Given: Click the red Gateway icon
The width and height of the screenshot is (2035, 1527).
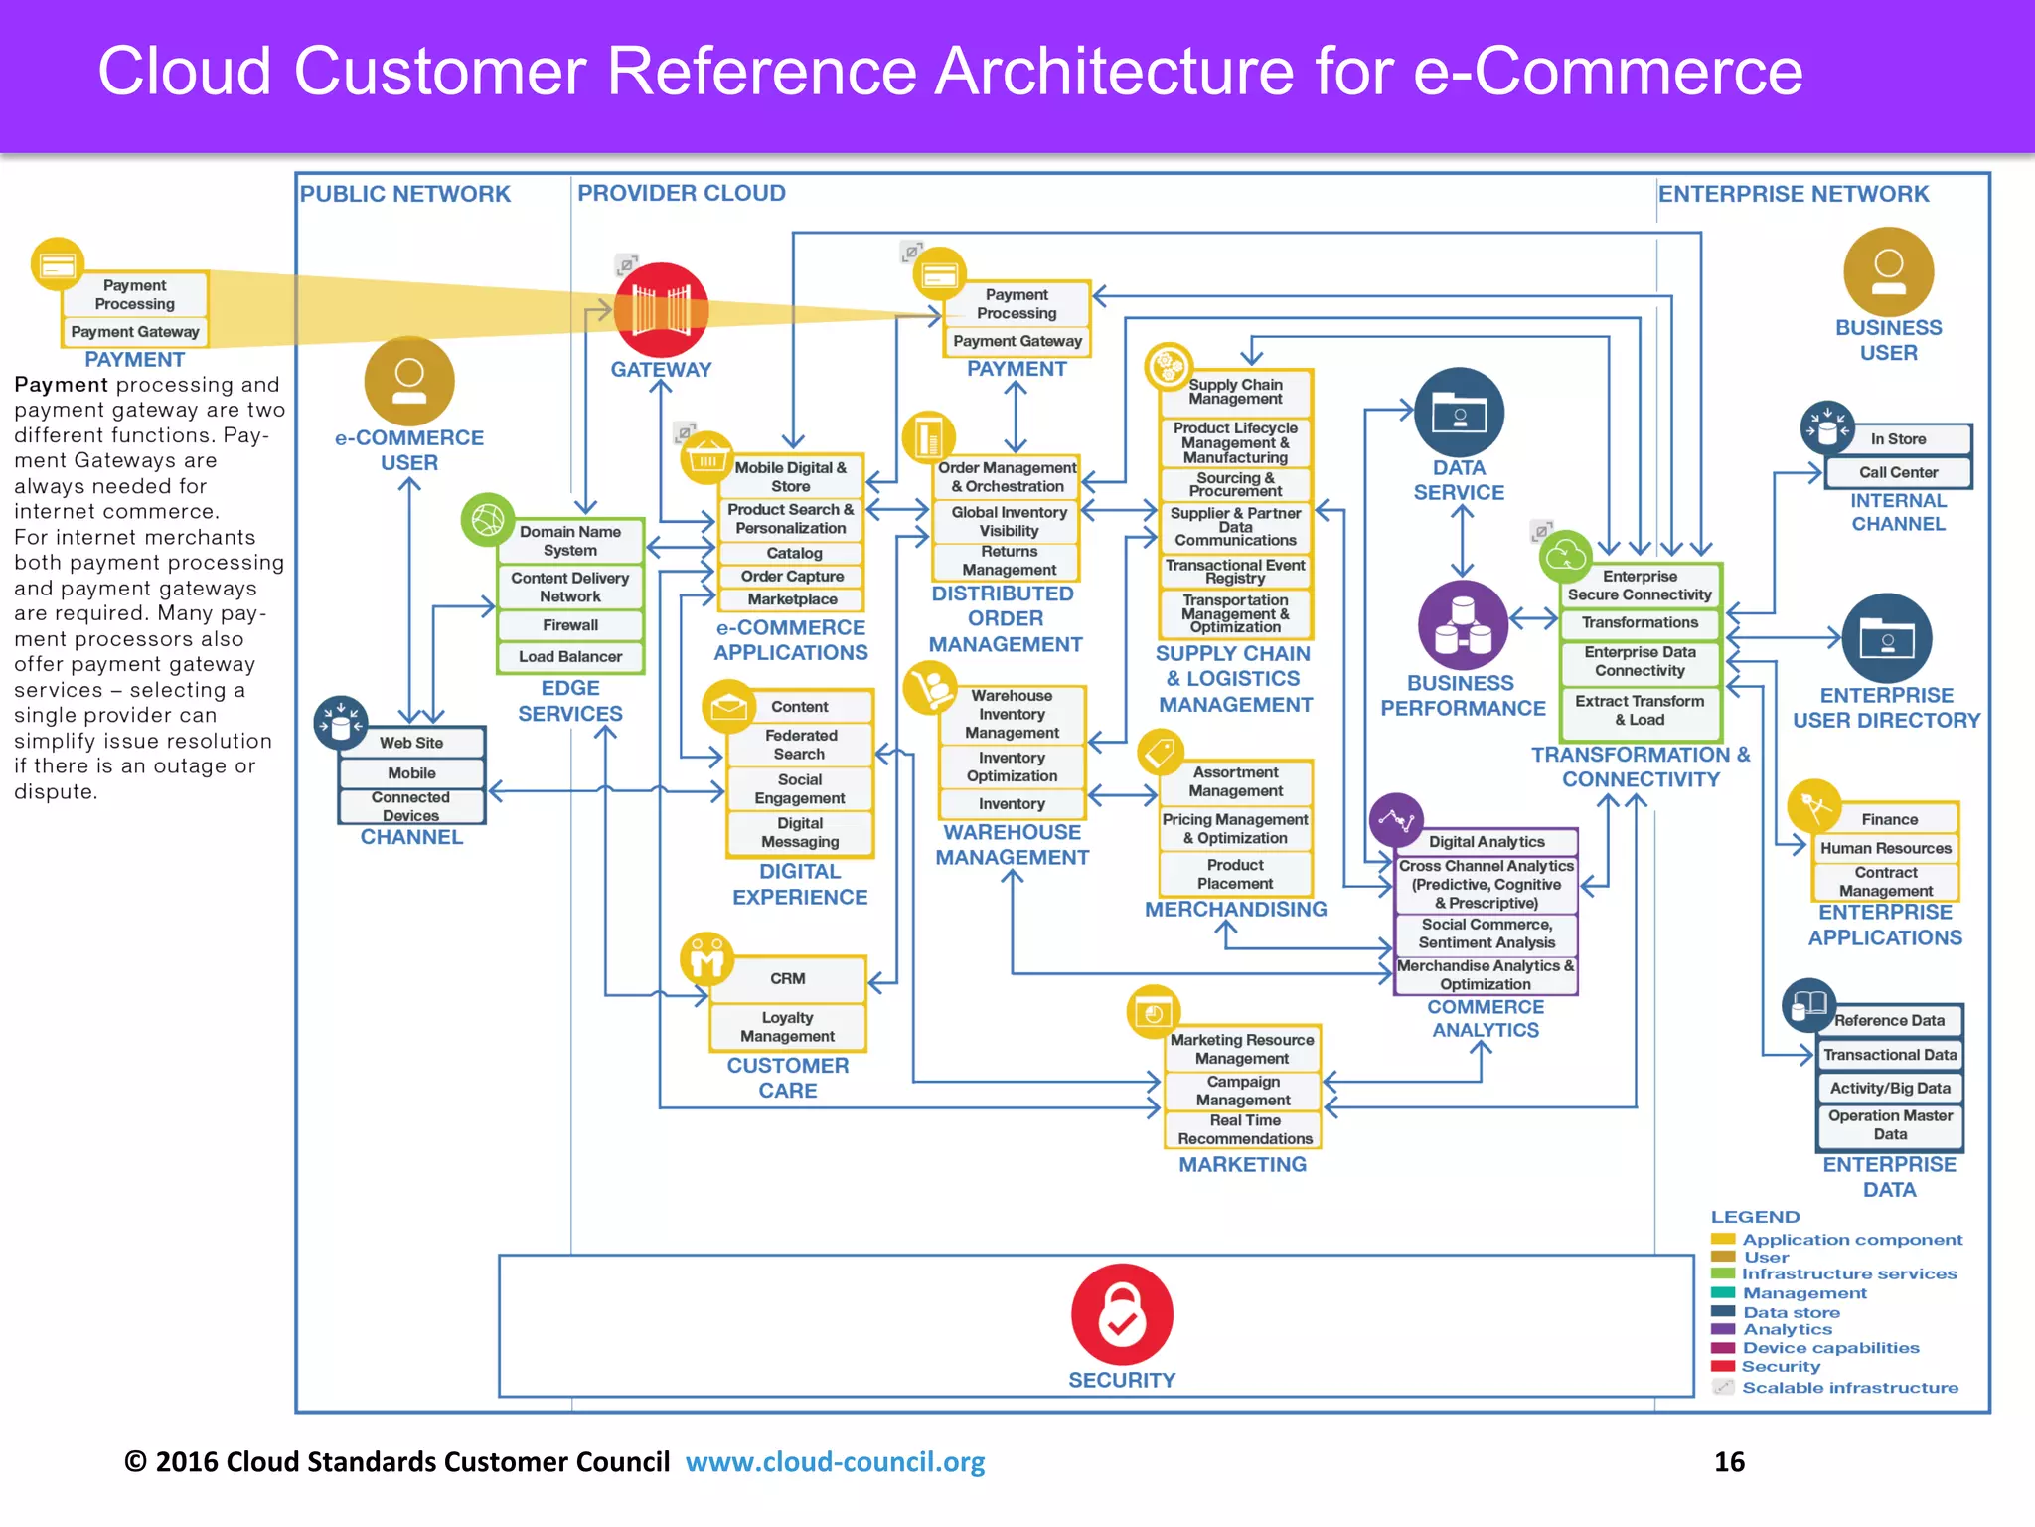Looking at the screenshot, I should [x=661, y=310].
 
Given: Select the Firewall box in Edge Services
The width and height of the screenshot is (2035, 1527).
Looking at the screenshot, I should [x=570, y=625].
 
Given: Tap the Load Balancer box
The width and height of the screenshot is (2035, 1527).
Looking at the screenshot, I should [x=570, y=657].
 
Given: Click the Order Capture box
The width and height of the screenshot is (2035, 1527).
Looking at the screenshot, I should [x=792, y=577].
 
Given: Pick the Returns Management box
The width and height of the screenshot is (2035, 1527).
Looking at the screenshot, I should [x=1008, y=561].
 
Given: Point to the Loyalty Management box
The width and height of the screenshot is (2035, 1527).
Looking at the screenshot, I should [x=787, y=1027].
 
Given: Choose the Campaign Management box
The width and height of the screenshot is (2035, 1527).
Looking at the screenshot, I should [x=1242, y=1091].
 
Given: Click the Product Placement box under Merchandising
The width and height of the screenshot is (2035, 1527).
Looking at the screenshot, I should [x=1235, y=874].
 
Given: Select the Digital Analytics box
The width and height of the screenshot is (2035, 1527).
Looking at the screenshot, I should [x=1487, y=842].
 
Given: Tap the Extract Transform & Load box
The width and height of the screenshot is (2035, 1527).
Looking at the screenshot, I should [x=1640, y=710].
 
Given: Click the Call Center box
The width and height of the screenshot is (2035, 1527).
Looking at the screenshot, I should [x=1898, y=472].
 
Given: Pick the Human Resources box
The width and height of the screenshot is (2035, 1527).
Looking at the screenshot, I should [x=1885, y=848].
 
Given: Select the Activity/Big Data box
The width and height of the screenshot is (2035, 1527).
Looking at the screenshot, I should [x=1889, y=1088].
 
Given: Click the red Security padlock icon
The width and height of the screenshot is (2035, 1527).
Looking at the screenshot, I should [x=1122, y=1314].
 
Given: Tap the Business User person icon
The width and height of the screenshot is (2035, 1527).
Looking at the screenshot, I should [x=1888, y=271].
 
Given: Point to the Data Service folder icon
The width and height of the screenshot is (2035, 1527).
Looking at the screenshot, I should [x=1459, y=413].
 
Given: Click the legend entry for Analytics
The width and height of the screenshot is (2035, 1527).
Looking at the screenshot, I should [x=1787, y=1329].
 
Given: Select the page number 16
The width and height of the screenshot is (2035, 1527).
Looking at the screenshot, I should [x=1729, y=1461].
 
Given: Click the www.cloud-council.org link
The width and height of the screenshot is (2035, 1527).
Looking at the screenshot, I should [x=835, y=1461].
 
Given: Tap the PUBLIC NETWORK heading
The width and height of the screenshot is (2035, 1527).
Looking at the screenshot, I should [x=405, y=194].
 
